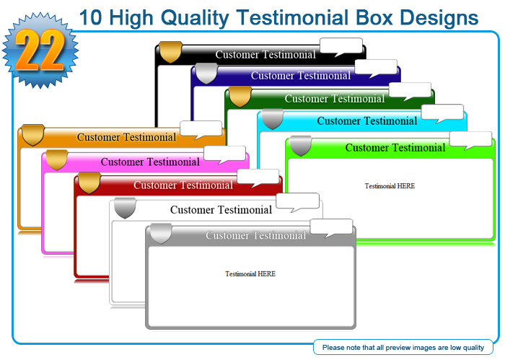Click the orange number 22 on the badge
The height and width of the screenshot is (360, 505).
[x=40, y=51]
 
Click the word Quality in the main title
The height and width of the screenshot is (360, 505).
[x=195, y=18]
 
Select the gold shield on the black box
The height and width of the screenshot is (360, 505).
[x=171, y=51]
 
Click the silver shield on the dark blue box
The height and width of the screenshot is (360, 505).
[x=206, y=74]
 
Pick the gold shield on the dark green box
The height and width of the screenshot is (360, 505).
[x=240, y=96]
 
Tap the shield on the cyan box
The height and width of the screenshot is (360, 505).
[x=273, y=119]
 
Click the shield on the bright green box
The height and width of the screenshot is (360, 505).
[x=301, y=146]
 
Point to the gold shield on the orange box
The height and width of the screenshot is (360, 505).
[x=32, y=135]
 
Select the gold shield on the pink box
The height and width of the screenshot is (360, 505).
[x=57, y=159]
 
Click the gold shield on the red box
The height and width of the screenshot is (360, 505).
[x=89, y=183]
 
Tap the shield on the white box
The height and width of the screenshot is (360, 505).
[x=125, y=208]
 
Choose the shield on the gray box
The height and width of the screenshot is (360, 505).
[x=161, y=234]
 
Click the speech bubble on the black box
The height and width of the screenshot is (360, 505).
[x=341, y=47]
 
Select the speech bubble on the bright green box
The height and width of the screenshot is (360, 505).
[x=470, y=141]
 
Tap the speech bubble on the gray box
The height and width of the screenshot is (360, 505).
[x=331, y=228]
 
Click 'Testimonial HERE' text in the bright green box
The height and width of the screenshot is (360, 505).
[x=390, y=186]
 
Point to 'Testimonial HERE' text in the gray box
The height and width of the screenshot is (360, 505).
[x=250, y=273]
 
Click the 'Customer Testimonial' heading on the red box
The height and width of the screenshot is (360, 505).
[x=183, y=185]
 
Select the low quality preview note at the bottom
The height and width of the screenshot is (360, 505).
[x=403, y=348]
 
